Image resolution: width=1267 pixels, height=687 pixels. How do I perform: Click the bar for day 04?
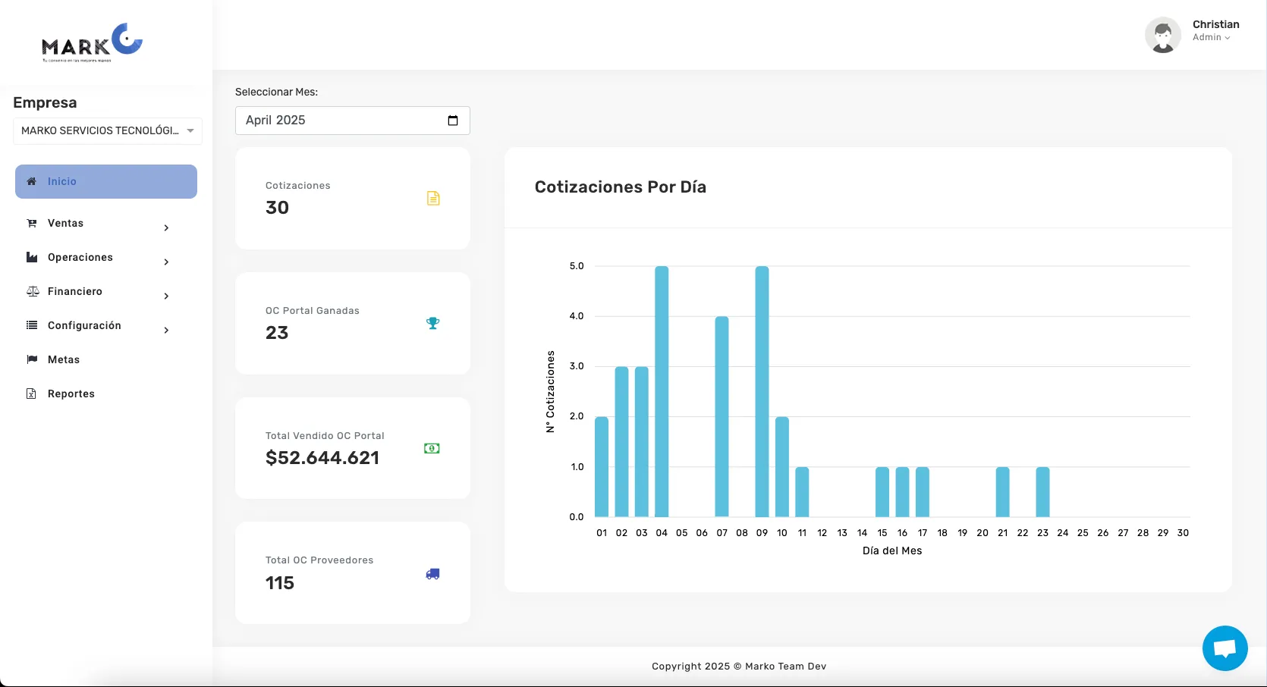click(x=662, y=391)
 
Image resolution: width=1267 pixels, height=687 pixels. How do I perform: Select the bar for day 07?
click(x=722, y=416)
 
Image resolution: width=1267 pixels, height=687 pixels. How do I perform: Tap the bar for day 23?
click(x=1042, y=491)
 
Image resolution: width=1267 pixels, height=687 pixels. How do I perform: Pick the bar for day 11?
click(x=802, y=491)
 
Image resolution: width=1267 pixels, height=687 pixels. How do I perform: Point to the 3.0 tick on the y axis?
click(x=577, y=366)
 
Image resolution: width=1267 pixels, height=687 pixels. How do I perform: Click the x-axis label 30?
click(x=1183, y=533)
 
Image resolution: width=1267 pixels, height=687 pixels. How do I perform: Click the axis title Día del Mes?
click(x=891, y=551)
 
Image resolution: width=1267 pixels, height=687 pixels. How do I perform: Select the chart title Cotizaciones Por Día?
click(x=620, y=187)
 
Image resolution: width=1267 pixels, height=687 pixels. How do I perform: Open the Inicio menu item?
click(x=106, y=182)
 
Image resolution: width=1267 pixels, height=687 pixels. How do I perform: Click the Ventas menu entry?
click(x=66, y=224)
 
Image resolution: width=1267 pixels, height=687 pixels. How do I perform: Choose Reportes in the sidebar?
click(x=71, y=394)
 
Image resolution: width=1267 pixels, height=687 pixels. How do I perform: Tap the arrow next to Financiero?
click(x=166, y=296)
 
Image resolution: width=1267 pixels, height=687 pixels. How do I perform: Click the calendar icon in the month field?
click(x=453, y=121)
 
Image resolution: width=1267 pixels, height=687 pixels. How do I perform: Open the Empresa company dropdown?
click(x=108, y=131)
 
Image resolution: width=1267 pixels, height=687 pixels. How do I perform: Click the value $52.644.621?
click(x=322, y=458)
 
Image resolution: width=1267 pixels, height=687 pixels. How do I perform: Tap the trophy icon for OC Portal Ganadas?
click(x=432, y=323)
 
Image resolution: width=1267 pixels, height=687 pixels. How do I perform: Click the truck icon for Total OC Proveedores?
click(x=432, y=574)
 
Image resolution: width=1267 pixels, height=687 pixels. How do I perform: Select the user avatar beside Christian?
click(x=1162, y=35)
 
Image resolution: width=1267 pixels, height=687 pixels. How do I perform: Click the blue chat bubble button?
click(x=1225, y=648)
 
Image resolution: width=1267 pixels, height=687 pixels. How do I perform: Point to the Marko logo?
click(x=92, y=43)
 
